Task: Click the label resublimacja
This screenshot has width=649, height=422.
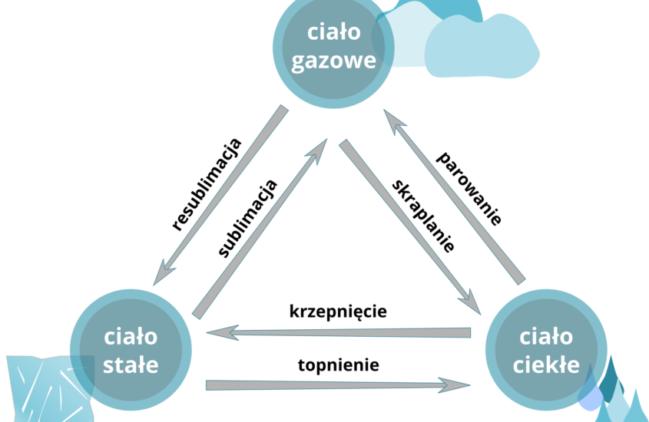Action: click(x=207, y=184)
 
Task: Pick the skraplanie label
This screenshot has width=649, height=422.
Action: click(x=423, y=216)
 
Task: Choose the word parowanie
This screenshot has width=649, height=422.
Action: click(x=469, y=188)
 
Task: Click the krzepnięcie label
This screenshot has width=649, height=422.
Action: click(x=338, y=312)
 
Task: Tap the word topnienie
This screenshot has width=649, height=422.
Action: click(x=338, y=364)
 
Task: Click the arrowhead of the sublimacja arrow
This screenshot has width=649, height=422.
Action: click(x=321, y=148)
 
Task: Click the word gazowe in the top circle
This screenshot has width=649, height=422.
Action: click(x=334, y=61)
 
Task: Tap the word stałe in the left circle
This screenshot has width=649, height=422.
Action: click(x=131, y=363)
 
